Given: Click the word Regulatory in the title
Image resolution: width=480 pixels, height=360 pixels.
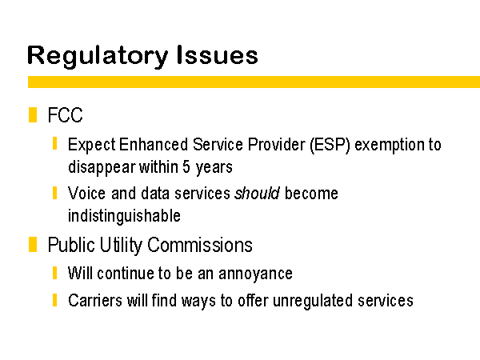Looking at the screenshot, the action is pos(98,56).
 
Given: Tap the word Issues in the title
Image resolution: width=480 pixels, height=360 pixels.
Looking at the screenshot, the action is pos(217,54).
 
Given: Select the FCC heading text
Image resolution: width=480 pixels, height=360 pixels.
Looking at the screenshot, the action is pos(66,115).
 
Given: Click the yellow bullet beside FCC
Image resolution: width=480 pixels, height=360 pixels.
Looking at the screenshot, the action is pos(33,114).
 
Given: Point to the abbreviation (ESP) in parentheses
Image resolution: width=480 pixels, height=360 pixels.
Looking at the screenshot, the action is pos(330,145).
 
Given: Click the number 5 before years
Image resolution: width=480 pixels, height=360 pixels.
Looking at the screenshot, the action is pos(186,167).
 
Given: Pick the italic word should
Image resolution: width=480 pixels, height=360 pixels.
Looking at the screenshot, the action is pos(257,193).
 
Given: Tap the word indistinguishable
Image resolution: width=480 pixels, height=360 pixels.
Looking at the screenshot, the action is pos(124,216).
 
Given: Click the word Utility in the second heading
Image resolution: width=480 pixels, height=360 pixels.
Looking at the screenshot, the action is pos(121,246).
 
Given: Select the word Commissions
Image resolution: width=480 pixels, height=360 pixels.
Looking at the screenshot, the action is pos(200,245).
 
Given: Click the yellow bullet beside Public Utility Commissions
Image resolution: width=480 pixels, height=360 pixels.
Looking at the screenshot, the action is pos(33,244).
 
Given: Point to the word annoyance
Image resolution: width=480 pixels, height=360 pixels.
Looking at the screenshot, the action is pos(256,274).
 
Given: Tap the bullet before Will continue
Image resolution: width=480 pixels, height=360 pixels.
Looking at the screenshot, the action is pos(54,273).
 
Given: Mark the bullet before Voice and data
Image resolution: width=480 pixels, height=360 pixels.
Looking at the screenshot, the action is pos(54,193).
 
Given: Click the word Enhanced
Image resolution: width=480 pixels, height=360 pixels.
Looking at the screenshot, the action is pos(154,145).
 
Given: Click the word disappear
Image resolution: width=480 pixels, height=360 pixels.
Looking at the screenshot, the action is pos(102,167).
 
